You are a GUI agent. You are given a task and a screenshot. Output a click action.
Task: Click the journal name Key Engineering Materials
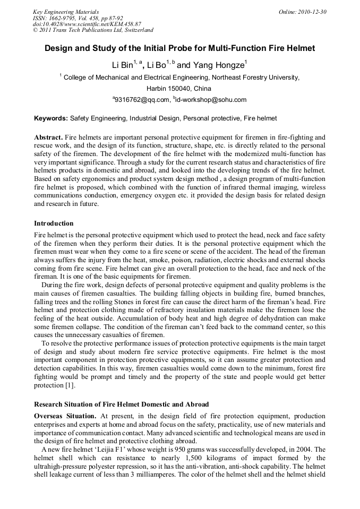pyautogui.click(x=66, y=12)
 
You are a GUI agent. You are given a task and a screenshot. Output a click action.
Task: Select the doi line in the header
pyautogui.click(x=87, y=24)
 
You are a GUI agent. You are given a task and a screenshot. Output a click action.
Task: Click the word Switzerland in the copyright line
pyautogui.click(x=136, y=30)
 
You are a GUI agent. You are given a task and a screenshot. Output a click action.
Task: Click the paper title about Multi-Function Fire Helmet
pyautogui.click(x=179, y=48)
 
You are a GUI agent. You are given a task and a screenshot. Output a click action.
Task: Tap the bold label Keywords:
pyautogui.click(x=51, y=118)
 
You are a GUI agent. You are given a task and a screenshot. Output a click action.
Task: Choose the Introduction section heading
pyautogui.click(x=54, y=223)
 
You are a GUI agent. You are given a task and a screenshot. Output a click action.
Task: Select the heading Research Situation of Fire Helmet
pyautogui.click(x=121, y=404)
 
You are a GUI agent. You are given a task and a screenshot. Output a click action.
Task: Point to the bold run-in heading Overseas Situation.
pyautogui.click(x=65, y=415)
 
